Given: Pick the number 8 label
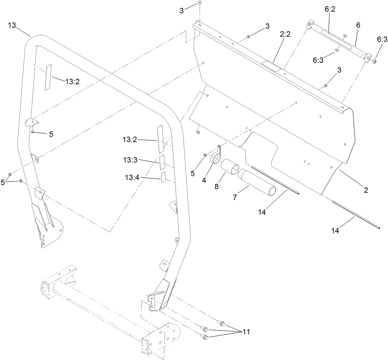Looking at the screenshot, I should tap(216, 186).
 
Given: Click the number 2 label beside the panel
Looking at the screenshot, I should tap(365, 190).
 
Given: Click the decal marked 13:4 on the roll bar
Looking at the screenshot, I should tap(163, 177).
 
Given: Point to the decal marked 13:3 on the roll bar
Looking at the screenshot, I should tap(162, 162).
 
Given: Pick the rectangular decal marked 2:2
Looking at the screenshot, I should tap(271, 66).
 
